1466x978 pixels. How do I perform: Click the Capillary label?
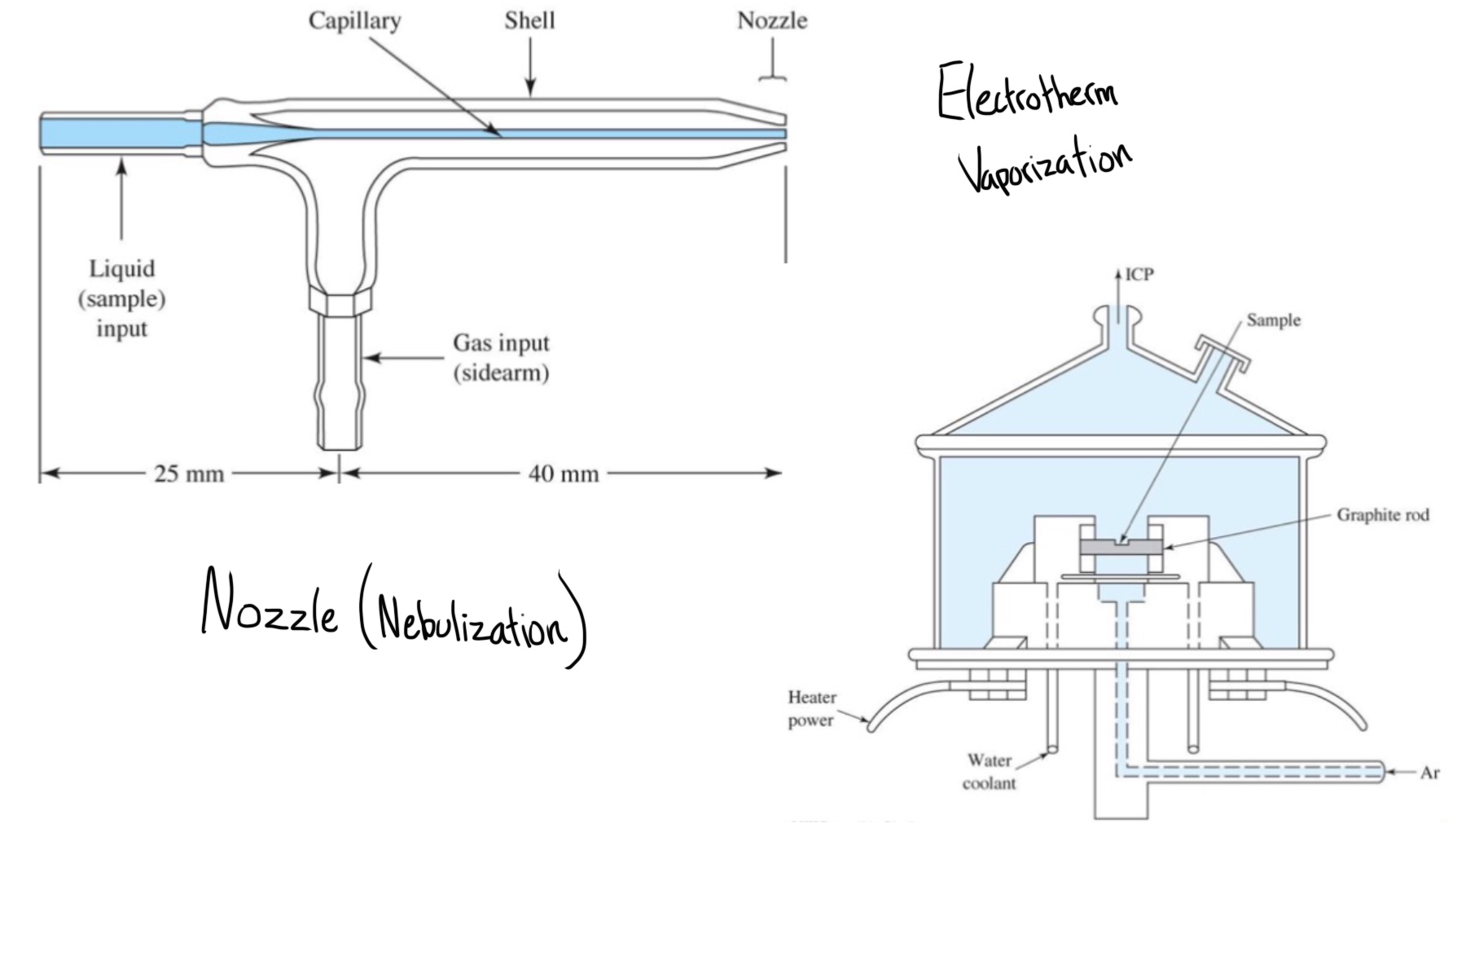(354, 20)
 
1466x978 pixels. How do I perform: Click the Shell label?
(529, 20)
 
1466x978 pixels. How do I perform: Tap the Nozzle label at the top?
(772, 20)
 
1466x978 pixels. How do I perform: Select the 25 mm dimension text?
(189, 474)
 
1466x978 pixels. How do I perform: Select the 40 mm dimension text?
(564, 474)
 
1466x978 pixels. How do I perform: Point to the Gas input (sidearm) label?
(501, 358)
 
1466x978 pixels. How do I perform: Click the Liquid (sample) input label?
(122, 298)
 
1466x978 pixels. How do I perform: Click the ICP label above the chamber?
(1139, 275)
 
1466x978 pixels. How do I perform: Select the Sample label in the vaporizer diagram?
(1273, 320)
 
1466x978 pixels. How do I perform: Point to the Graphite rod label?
(1383, 515)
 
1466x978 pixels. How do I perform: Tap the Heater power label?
(811, 709)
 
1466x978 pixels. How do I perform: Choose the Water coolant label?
(989, 772)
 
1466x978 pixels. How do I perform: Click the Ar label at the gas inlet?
(1429, 773)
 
